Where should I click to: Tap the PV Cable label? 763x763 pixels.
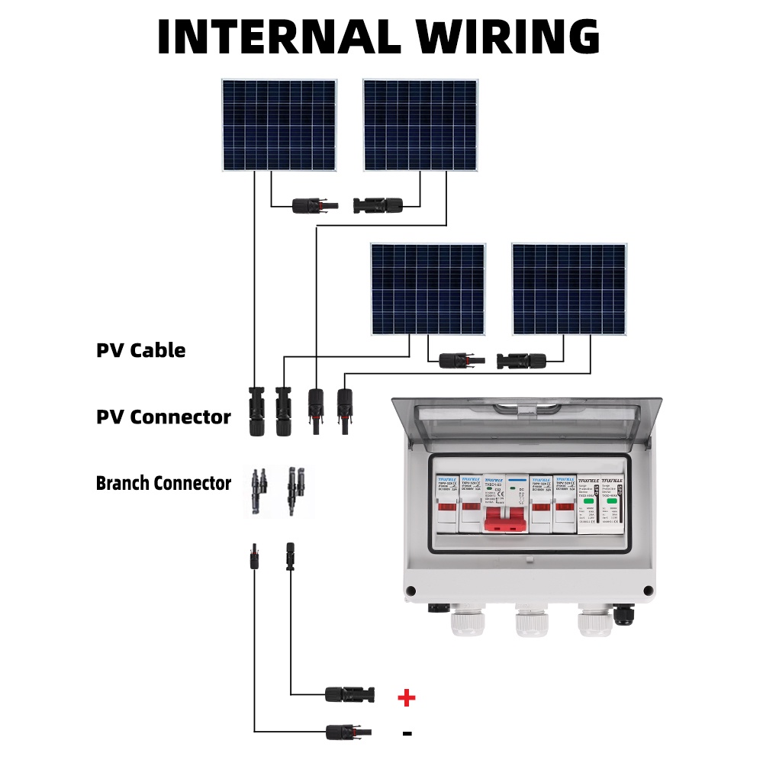140,350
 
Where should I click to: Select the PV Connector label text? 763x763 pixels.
163,417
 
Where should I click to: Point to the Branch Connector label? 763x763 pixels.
163,483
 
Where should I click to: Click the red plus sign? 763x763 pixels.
407,697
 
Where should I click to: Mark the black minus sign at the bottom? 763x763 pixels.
407,733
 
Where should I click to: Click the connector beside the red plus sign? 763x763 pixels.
349,694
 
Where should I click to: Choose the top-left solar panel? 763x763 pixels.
279,125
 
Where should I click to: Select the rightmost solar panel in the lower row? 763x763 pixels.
569,289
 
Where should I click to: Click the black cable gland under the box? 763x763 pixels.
624,614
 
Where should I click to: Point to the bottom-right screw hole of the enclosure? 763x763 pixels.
648,590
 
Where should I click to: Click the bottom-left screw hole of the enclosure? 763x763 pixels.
411,590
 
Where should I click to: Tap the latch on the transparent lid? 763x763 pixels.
526,410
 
